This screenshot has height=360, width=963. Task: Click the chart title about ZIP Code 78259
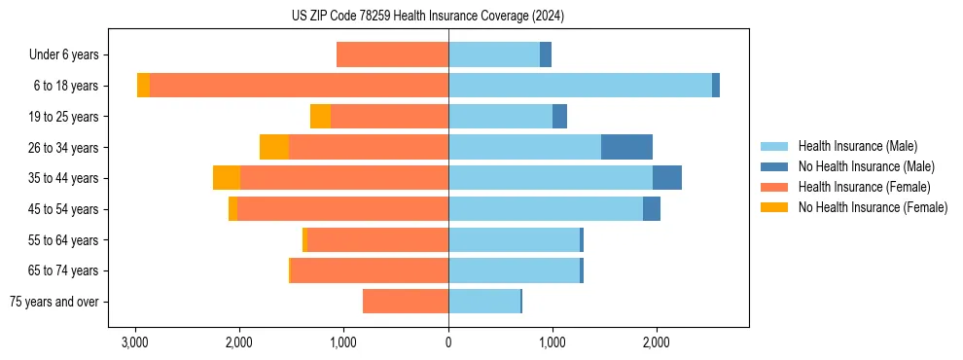click(x=428, y=17)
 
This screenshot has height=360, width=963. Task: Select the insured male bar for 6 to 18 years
click(x=580, y=86)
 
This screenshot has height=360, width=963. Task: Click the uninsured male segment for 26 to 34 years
click(x=626, y=147)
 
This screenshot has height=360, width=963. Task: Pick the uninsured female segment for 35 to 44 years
click(x=227, y=178)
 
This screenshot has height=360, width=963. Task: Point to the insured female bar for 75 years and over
click(x=406, y=302)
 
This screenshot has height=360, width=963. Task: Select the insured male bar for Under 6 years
click(x=494, y=54)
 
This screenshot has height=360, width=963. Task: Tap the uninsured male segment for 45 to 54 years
click(x=652, y=209)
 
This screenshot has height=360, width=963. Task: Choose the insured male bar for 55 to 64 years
click(x=514, y=240)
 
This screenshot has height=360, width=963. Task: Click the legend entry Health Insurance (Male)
click(x=857, y=146)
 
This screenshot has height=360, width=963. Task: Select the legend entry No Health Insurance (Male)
click(x=866, y=166)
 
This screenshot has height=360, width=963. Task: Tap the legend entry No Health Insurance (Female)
click(x=873, y=207)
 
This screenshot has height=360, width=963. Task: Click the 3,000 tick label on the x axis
click(x=134, y=342)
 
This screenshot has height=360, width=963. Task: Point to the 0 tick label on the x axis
click(x=448, y=342)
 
